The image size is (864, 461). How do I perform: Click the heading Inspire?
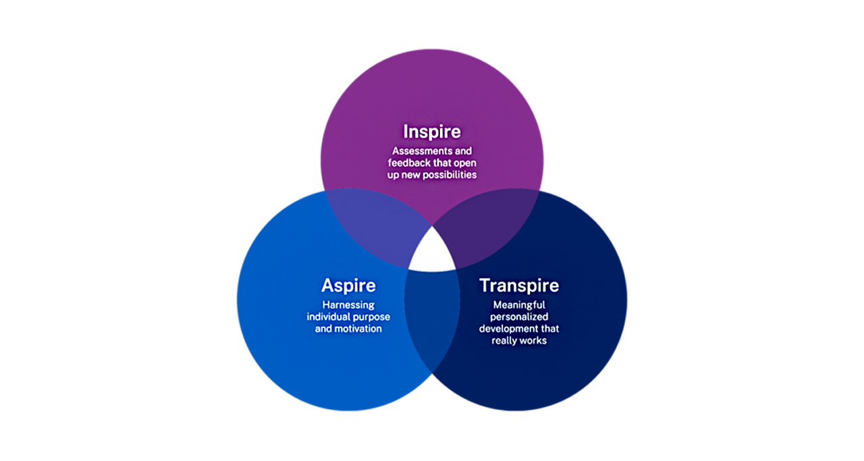click(431, 132)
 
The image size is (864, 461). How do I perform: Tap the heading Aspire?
click(348, 286)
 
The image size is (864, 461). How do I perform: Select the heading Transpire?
click(519, 286)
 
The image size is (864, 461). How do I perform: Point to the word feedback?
click(409, 163)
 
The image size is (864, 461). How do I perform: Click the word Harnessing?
click(348, 305)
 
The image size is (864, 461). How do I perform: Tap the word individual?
click(327, 317)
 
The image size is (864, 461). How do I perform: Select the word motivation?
click(358, 329)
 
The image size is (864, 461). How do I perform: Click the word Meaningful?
click(519, 305)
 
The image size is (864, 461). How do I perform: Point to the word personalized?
click(519, 317)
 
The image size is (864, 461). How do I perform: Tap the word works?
click(534, 341)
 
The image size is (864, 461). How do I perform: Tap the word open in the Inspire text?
click(465, 163)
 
